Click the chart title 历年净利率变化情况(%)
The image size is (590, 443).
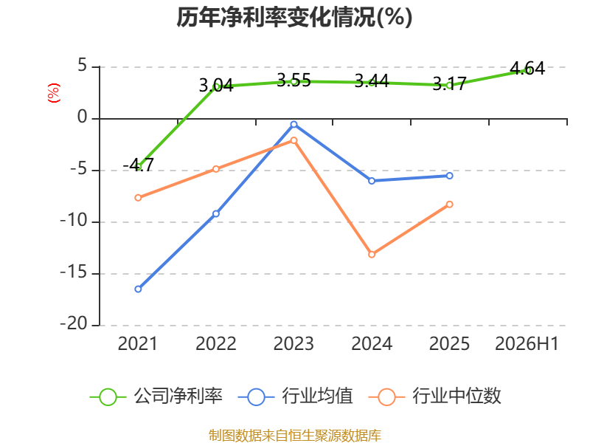click(294, 18)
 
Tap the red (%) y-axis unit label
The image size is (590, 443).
click(54, 93)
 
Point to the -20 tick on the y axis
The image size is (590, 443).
click(74, 324)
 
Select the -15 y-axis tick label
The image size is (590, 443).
click(74, 272)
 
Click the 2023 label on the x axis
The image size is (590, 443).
click(294, 344)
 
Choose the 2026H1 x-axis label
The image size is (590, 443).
click(527, 344)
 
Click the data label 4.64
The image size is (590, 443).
click(527, 68)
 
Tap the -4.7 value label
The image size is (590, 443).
click(139, 165)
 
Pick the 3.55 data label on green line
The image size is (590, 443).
click(294, 80)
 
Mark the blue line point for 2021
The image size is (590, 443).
click(138, 289)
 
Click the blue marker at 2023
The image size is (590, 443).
click(294, 124)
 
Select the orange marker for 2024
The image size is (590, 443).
click(372, 255)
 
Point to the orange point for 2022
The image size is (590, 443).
click(216, 169)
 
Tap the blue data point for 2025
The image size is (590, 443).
click(450, 176)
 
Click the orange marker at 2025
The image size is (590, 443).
click(450, 205)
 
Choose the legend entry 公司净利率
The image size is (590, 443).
click(156, 396)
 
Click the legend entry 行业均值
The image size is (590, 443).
click(296, 396)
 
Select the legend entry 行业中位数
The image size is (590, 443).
click(435, 396)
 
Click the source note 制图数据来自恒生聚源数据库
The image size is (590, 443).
click(295, 436)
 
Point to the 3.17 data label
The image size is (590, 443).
click(450, 83)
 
